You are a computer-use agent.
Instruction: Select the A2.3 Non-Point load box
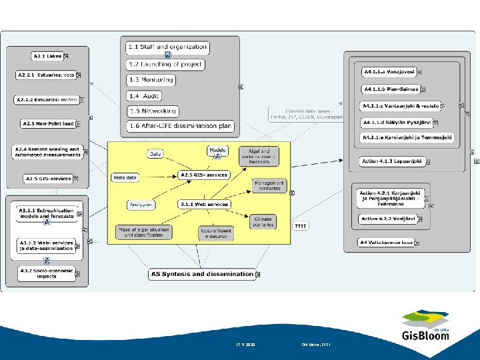(47, 123)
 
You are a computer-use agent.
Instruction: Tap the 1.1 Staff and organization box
(167, 47)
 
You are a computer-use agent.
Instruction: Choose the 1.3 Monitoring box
(151, 80)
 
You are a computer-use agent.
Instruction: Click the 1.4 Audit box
(143, 95)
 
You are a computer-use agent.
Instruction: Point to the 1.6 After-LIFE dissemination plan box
(180, 126)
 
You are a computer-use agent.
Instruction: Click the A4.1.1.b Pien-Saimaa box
(391, 89)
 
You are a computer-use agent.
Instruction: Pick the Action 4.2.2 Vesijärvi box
(387, 219)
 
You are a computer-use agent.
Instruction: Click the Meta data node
(125, 178)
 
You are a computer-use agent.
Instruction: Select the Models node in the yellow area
(217, 151)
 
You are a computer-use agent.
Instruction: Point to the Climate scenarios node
(263, 221)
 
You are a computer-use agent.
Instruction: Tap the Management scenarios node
(269, 186)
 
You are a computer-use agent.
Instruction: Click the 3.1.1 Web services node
(204, 204)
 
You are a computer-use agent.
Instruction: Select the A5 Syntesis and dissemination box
(202, 274)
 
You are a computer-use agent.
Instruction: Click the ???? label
(301, 227)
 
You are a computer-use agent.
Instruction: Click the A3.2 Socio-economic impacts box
(47, 273)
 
